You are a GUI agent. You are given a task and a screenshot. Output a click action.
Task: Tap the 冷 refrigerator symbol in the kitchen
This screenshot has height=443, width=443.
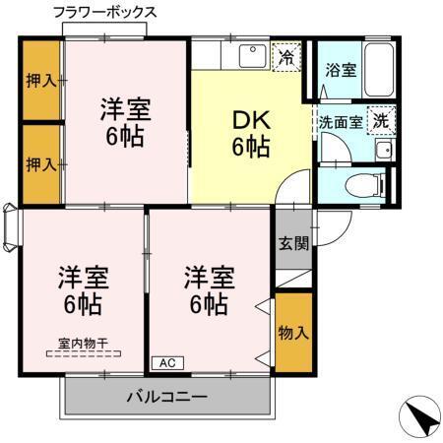286,56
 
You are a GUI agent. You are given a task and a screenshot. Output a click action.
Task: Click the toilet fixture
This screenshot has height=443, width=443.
373,185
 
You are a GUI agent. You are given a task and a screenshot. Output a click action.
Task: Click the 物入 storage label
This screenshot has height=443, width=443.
293,332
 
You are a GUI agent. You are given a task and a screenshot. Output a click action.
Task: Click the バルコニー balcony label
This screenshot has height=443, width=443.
165,399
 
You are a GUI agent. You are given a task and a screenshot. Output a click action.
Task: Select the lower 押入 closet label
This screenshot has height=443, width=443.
40,163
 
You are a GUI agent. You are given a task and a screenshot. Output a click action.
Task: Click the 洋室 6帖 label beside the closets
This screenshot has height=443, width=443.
124,121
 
